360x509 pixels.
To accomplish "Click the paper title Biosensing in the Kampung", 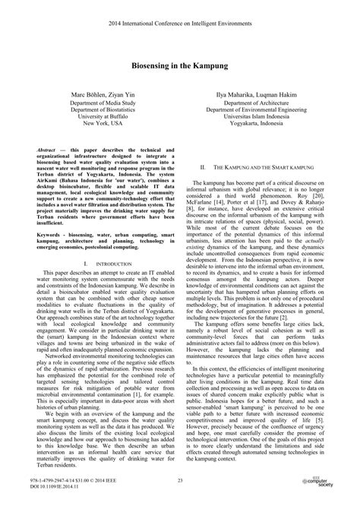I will coord(180,68).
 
